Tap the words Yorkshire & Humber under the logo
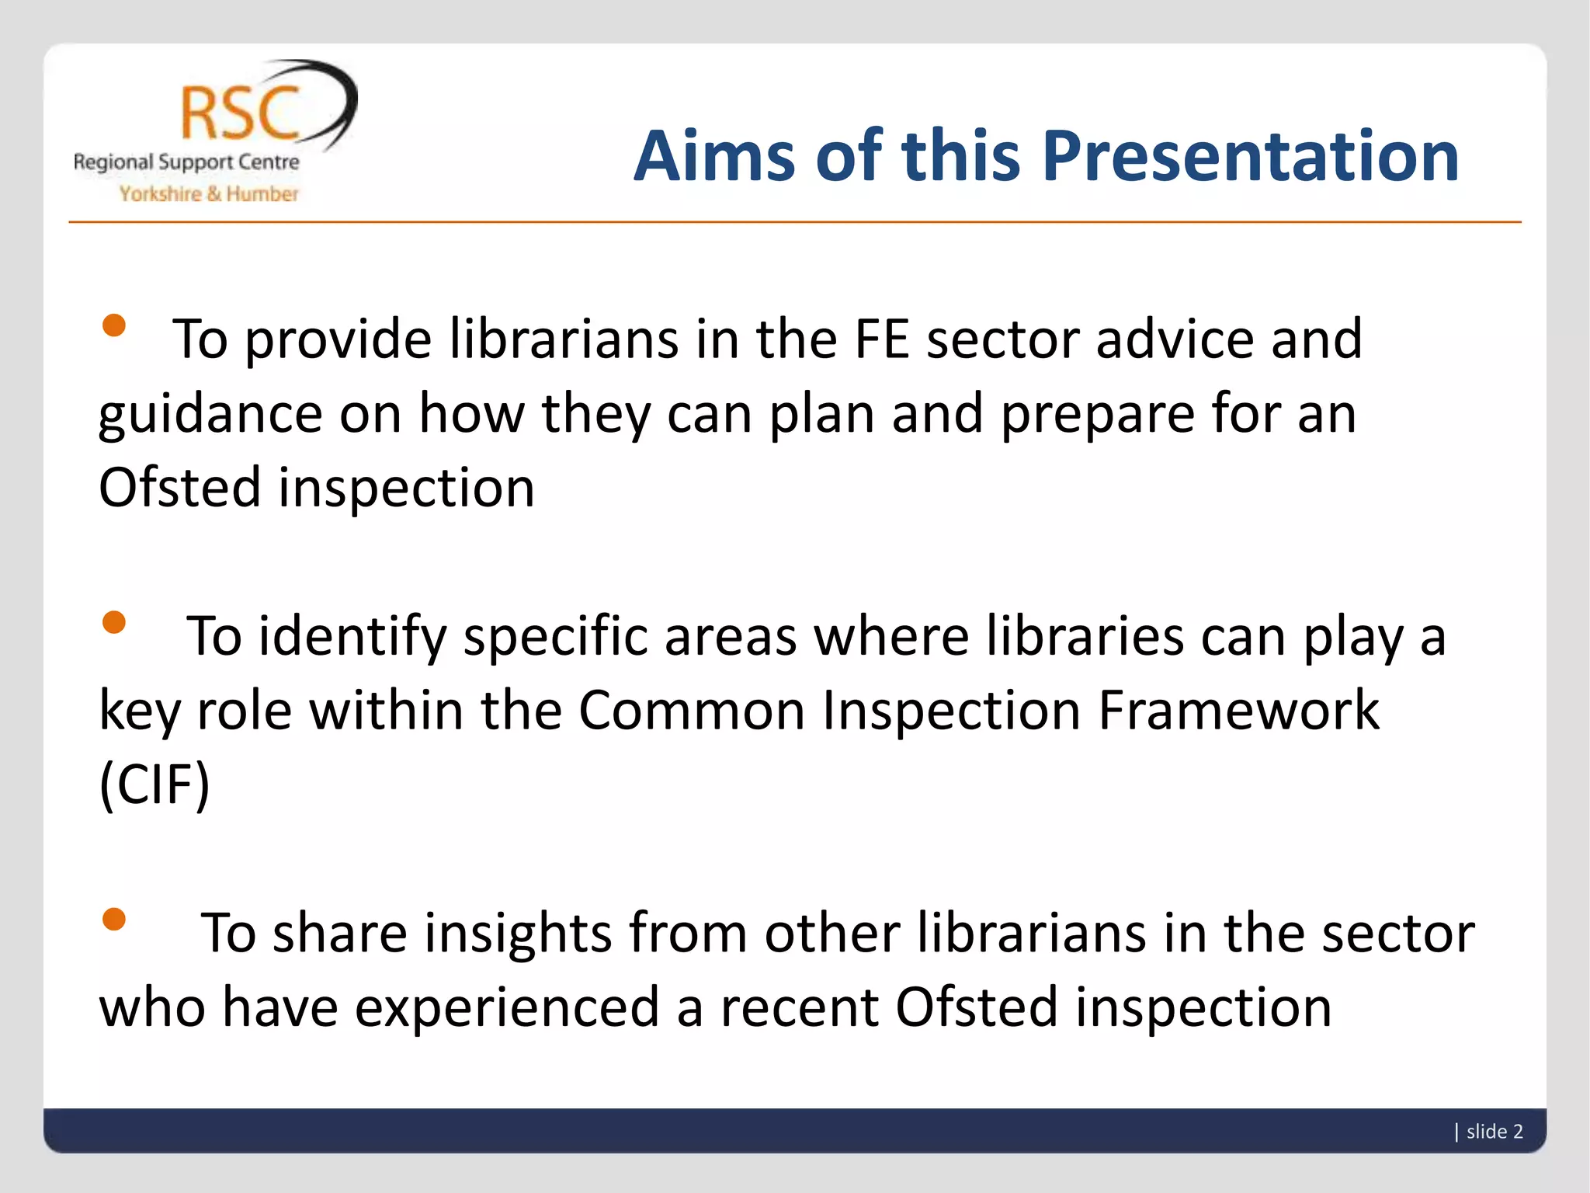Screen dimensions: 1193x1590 (208, 194)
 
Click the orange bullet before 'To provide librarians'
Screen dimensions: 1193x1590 (114, 325)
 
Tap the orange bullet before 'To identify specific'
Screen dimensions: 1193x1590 (114, 622)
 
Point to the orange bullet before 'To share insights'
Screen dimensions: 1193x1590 (114, 919)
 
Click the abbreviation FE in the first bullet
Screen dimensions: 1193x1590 (882, 339)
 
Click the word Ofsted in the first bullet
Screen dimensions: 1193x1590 (179, 488)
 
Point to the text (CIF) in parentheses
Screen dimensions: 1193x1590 (154, 784)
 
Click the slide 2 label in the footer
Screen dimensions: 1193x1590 (1494, 1132)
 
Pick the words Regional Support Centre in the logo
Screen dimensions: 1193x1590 (186, 163)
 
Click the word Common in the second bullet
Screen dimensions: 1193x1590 (692, 710)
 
